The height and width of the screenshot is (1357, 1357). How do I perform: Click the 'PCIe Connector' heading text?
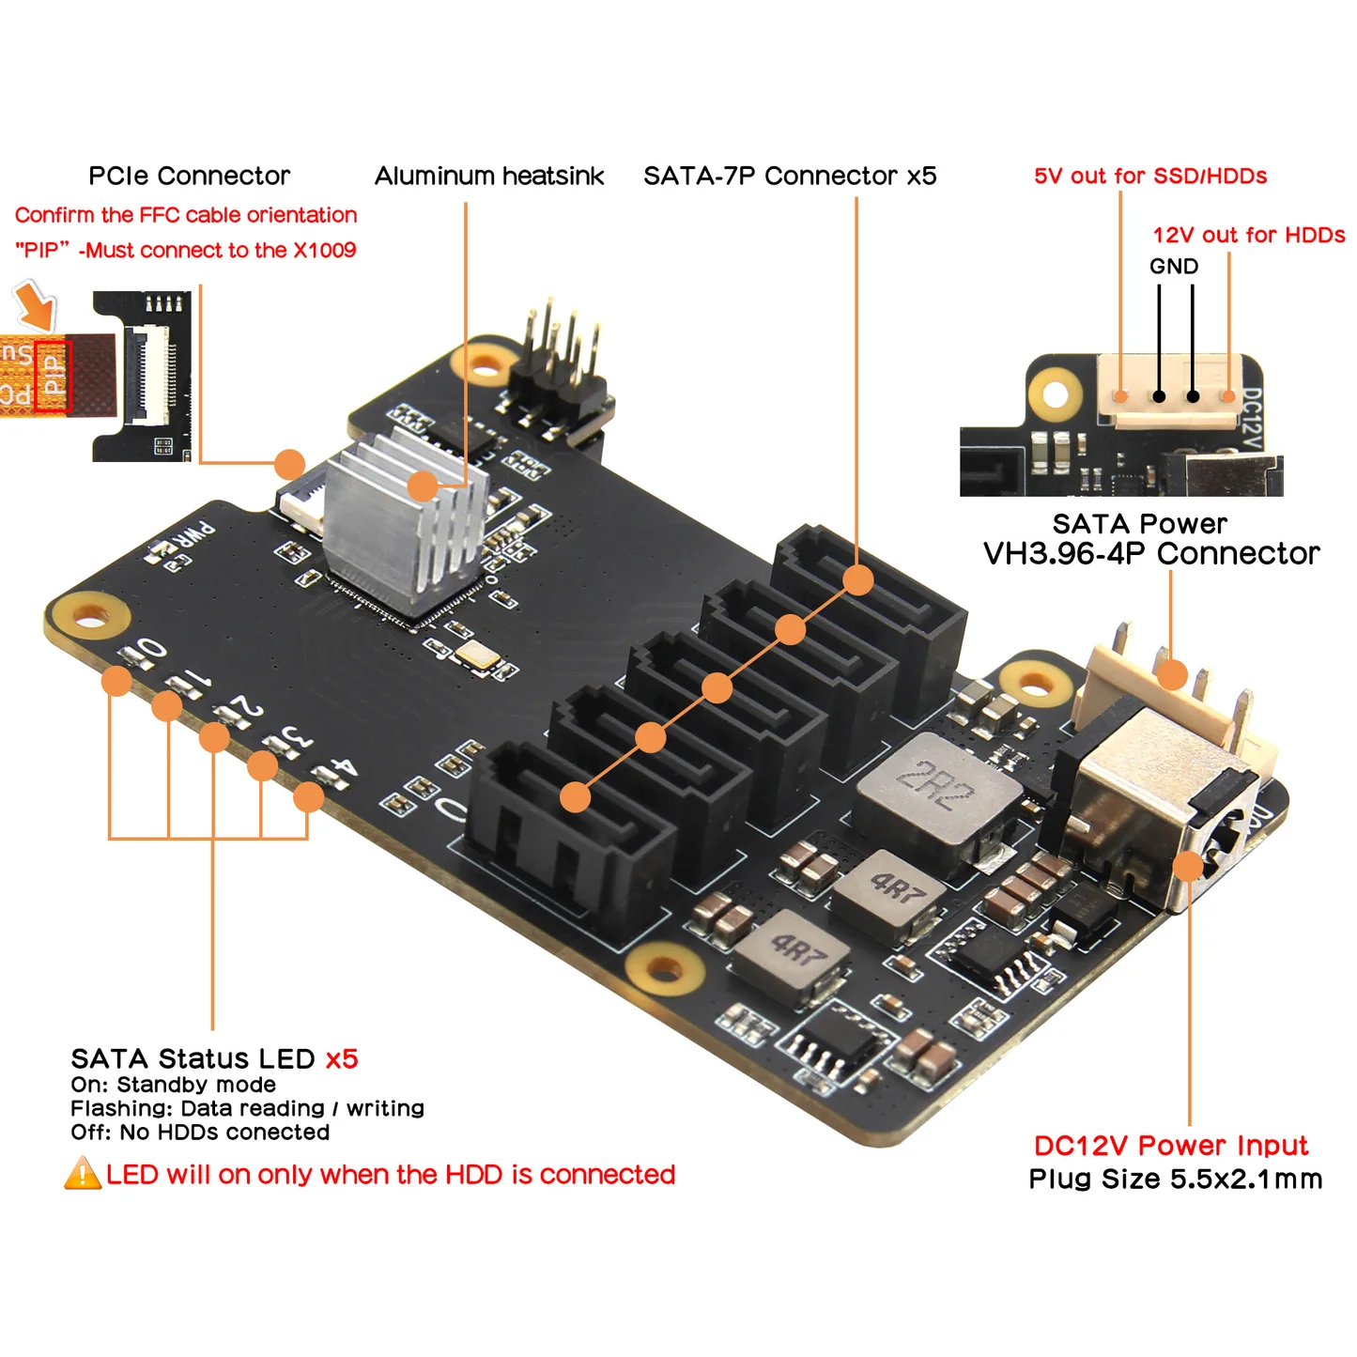pyautogui.click(x=189, y=176)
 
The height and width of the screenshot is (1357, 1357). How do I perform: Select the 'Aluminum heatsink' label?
pyautogui.click(x=489, y=176)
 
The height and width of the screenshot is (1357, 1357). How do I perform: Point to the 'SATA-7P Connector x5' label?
pyautogui.click(x=790, y=176)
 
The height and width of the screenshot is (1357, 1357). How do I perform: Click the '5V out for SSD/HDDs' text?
pyautogui.click(x=1150, y=176)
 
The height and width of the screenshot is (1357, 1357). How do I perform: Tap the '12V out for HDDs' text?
pyautogui.click(x=1248, y=235)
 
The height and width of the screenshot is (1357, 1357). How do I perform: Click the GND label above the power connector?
pyautogui.click(x=1174, y=267)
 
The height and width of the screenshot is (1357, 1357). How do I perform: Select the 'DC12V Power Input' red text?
pyautogui.click(x=1170, y=1146)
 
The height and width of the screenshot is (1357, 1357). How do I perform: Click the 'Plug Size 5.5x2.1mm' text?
pyautogui.click(x=1175, y=1180)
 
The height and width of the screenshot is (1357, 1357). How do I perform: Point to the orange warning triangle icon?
pyautogui.click(x=83, y=1174)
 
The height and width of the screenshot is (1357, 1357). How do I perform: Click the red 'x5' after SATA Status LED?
pyautogui.click(x=342, y=1059)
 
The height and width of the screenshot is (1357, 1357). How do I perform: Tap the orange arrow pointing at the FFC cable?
pyautogui.click(x=36, y=305)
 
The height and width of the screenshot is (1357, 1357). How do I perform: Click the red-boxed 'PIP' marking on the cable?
pyautogui.click(x=54, y=376)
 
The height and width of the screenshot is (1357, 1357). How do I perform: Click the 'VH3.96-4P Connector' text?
pyautogui.click(x=1151, y=554)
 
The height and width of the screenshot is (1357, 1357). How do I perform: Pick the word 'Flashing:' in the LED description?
pyautogui.click(x=122, y=1109)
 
